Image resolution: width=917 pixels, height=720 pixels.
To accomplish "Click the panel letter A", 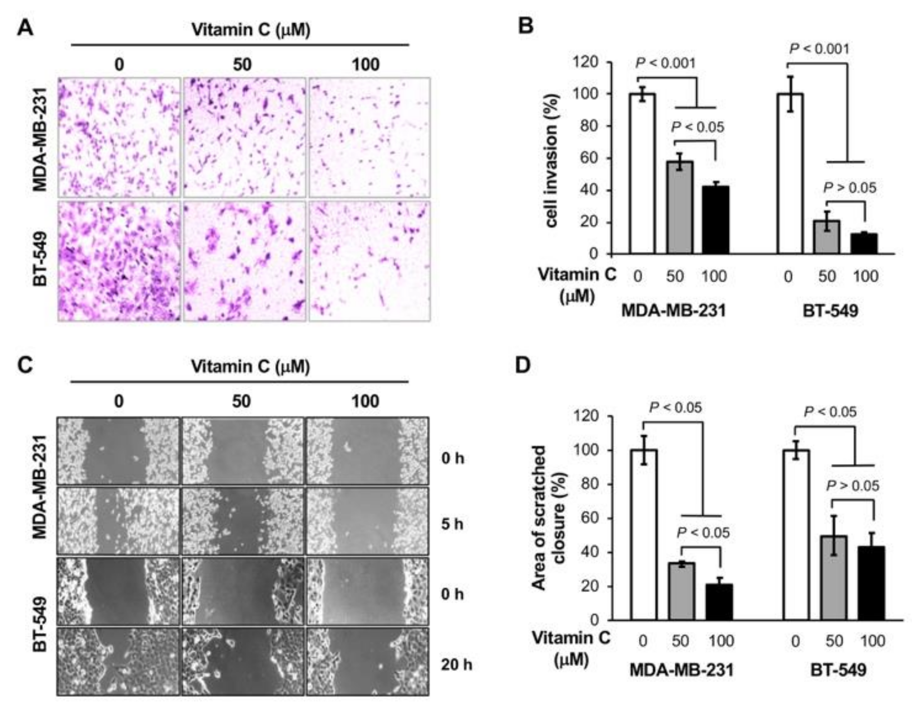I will coord(25,28).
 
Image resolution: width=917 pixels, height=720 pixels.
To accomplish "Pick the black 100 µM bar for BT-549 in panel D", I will coord(871,583).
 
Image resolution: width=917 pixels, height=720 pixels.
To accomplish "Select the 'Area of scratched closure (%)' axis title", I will coord(547,518).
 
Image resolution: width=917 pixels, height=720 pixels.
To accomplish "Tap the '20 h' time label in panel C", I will coord(457,664).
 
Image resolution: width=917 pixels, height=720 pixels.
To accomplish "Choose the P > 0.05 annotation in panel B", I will coord(849,188).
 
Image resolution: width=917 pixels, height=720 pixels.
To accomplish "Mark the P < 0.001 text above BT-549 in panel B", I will coord(819,49).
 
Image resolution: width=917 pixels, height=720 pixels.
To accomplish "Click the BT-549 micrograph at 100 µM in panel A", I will coord(369,261).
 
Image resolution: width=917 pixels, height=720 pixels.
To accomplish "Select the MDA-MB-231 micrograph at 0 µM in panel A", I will coord(119,137).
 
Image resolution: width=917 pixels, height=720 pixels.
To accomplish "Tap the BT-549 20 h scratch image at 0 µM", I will coord(118,661).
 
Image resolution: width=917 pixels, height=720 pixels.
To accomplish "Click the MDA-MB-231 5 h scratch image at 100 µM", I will coord(367,521).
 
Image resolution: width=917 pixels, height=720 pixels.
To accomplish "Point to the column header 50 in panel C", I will coord(241,401).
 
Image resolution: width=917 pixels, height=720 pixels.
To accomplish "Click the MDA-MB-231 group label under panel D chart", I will coord(681,669).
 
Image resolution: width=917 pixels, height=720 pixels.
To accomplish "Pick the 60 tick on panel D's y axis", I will coord(591,518).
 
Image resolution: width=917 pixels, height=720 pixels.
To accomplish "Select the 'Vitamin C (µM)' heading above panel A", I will coord(251,30).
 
